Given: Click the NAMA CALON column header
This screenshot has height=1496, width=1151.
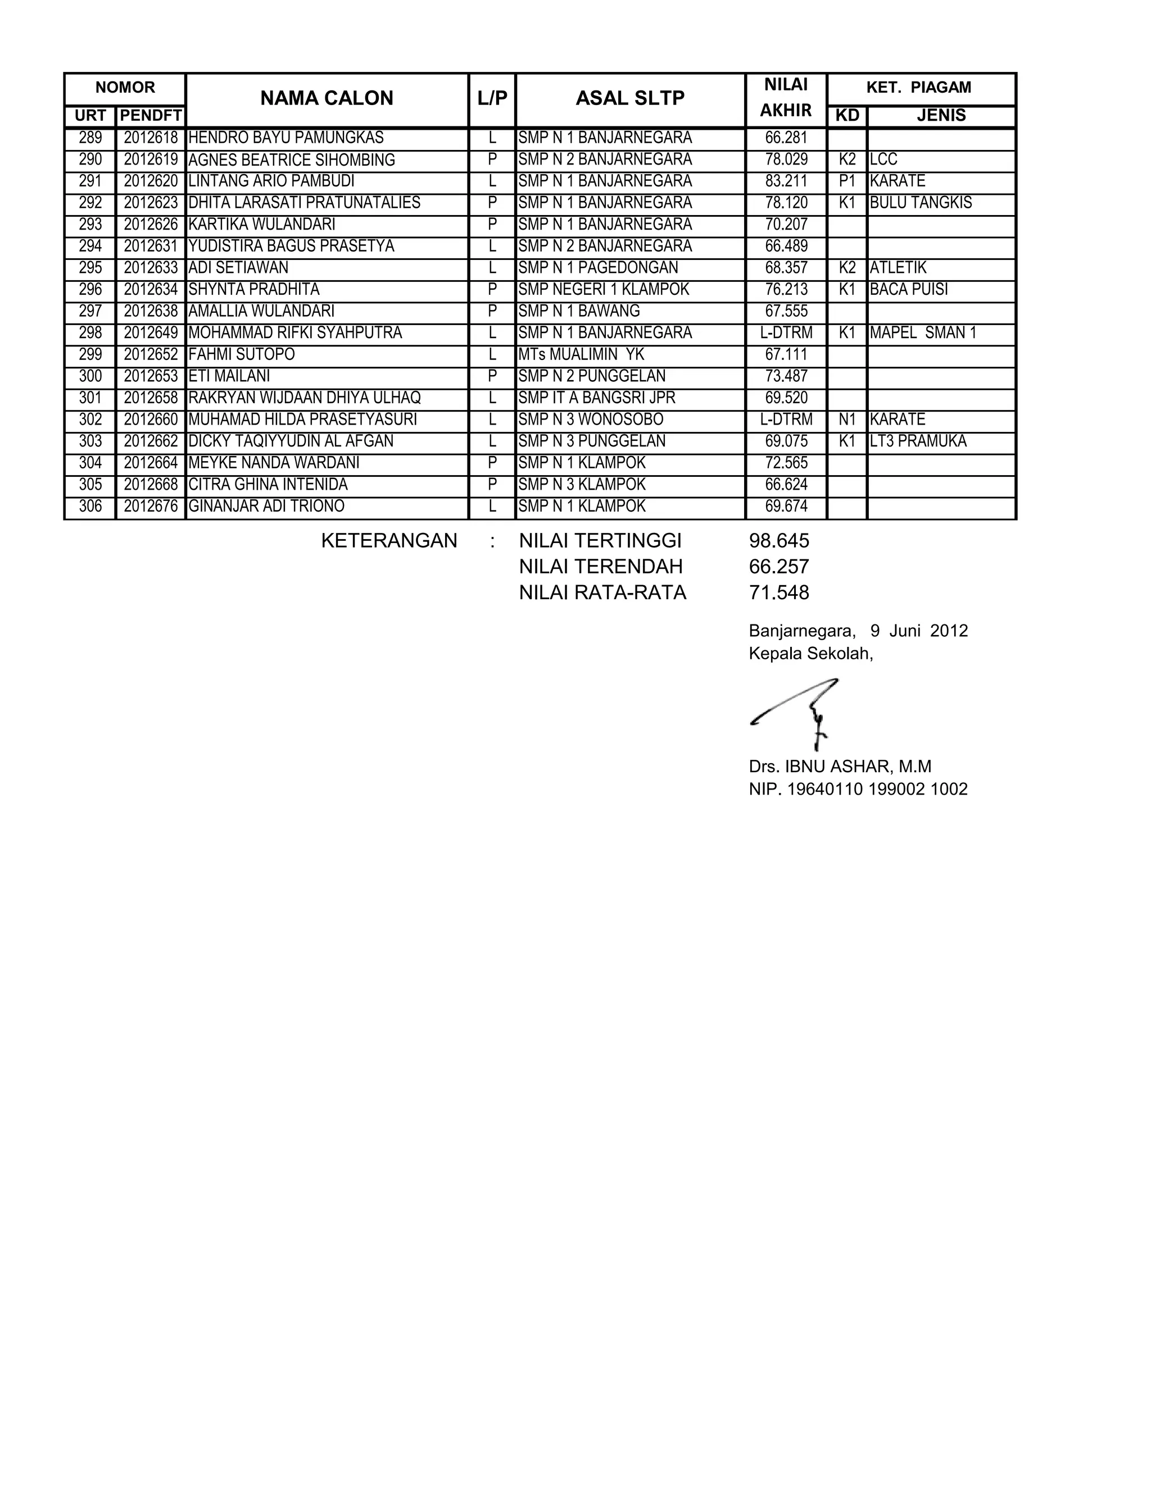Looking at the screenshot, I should tap(327, 99).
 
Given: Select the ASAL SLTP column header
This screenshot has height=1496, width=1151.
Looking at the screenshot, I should tap(629, 99).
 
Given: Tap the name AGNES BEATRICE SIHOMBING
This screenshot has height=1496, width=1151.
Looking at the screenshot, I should tap(291, 160).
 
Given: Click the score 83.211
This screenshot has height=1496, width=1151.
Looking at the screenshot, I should tap(786, 181).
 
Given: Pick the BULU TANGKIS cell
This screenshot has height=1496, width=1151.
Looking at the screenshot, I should tap(920, 203).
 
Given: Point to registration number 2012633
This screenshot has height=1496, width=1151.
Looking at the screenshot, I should tap(151, 268).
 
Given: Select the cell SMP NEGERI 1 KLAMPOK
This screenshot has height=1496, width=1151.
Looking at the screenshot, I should tap(604, 290).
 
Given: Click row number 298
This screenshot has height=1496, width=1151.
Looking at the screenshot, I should tap(90, 334).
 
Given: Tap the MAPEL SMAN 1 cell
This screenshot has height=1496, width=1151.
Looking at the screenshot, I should tap(923, 334).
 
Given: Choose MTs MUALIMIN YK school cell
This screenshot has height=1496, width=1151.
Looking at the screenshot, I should tap(581, 355).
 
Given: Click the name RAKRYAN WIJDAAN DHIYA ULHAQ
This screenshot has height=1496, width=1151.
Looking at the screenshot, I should tap(304, 399).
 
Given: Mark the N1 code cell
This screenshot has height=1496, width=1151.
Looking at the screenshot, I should tap(847, 419).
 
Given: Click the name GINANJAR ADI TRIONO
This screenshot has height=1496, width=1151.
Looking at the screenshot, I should tap(266, 507).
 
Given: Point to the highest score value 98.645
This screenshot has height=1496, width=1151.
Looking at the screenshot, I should tap(779, 541).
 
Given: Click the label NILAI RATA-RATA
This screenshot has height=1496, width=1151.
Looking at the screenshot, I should tap(602, 593).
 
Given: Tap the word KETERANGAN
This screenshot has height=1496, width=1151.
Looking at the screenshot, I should tap(388, 541).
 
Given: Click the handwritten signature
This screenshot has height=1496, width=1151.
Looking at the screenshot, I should tap(798, 712).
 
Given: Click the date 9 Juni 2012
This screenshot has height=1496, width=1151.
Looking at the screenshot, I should tap(919, 631).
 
